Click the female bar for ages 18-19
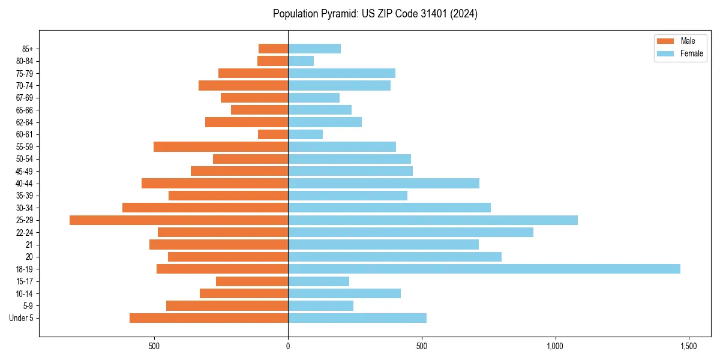click(484, 269)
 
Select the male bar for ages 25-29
click(179, 220)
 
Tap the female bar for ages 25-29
click(433, 220)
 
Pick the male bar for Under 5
click(209, 318)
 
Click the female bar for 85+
click(314, 49)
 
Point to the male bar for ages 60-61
click(273, 134)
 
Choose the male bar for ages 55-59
click(221, 147)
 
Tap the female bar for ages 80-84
click(301, 61)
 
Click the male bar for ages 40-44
click(215, 184)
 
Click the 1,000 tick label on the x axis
click(555, 346)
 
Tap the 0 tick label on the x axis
click(288, 346)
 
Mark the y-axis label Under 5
click(21, 318)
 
